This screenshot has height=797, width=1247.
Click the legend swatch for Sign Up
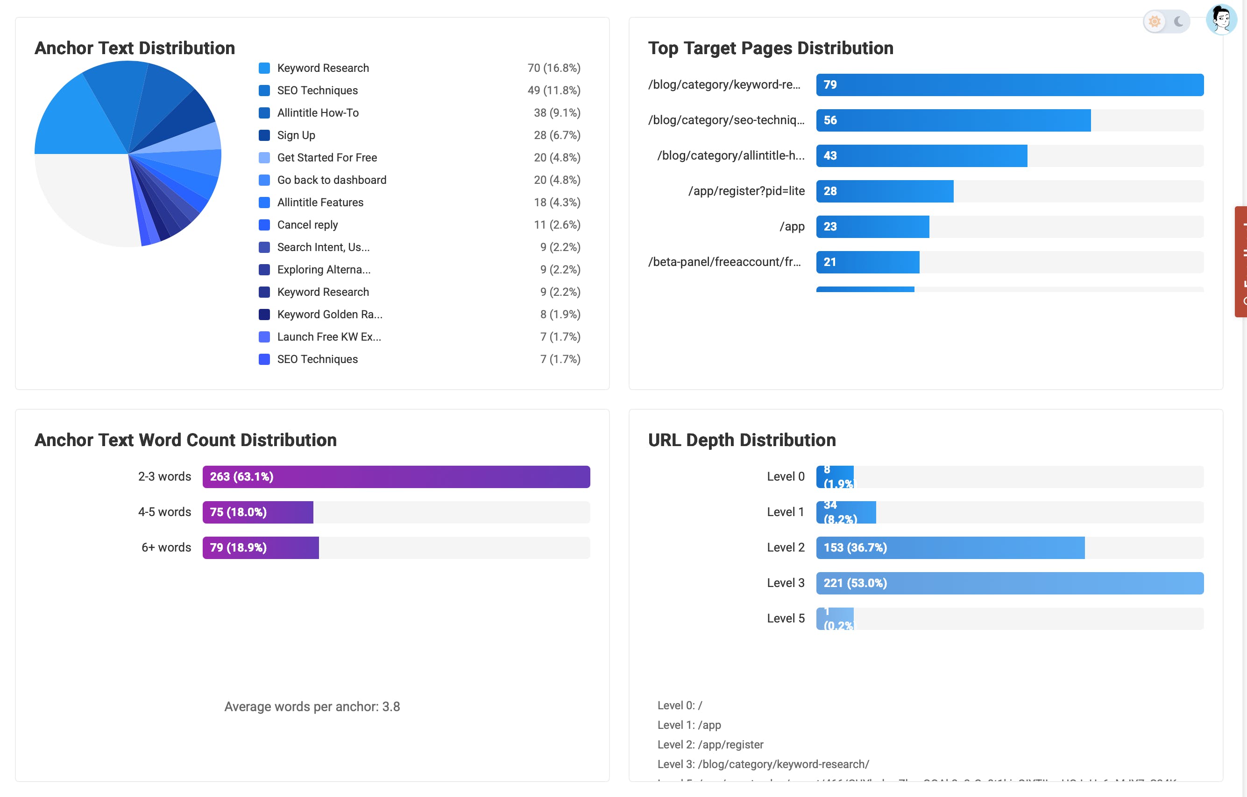coord(264,135)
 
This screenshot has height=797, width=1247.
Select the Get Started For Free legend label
coord(327,157)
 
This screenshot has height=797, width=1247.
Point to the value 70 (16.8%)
coord(553,68)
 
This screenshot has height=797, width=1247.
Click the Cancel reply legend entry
coord(307,224)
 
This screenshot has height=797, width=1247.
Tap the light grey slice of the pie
coord(83,196)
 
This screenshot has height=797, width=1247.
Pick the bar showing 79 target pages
coord(1009,85)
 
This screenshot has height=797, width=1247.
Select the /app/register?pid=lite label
coord(746,191)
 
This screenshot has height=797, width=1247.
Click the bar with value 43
coord(921,156)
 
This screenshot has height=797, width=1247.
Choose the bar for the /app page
coord(872,227)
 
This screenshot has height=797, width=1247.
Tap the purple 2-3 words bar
coord(396,476)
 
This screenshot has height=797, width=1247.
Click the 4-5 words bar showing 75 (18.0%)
coord(257,512)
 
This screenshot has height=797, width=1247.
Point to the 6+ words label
coord(166,547)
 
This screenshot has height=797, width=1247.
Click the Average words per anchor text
coord(312,706)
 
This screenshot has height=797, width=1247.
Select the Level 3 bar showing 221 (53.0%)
coord(1009,583)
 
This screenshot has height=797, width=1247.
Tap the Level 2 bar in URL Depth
coord(950,547)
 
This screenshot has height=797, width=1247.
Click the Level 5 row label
coord(785,618)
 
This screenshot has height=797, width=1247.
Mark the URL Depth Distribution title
coord(742,440)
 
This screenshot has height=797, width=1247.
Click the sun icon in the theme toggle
coord(1155,22)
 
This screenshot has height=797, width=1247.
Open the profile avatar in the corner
coord(1222,20)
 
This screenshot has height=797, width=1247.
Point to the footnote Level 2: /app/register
coord(710,744)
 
